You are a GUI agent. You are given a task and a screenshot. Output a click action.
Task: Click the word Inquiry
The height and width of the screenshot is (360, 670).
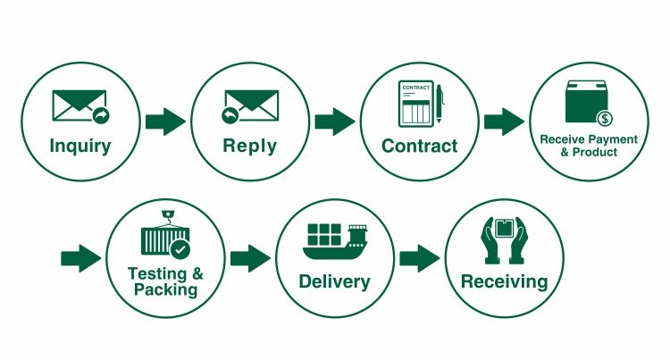tap(80, 146)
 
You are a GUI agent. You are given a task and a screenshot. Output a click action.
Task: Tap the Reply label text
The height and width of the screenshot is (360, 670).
tap(249, 146)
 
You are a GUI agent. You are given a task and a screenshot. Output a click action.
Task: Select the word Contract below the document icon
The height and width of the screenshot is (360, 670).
tap(419, 146)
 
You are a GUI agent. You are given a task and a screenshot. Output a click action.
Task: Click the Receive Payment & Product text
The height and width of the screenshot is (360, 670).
tap(588, 145)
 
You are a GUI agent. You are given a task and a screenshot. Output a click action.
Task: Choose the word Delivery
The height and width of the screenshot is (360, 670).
tap(334, 281)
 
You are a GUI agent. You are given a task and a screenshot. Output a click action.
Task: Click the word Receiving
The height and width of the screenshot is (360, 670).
tap(504, 281)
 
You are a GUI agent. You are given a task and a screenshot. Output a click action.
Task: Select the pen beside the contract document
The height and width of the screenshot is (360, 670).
tap(439, 106)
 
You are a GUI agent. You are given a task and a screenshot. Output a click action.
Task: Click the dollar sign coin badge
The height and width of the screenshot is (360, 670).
tap(604, 118)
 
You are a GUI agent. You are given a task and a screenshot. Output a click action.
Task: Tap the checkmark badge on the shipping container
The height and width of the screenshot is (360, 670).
tap(180, 248)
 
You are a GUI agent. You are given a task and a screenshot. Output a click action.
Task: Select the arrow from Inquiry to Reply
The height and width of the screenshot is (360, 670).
tap(164, 121)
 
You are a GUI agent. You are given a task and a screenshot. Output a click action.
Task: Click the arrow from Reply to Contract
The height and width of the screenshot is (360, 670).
tap(334, 121)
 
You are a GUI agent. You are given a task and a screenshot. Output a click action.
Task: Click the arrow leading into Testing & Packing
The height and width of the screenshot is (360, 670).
tap(80, 259)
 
